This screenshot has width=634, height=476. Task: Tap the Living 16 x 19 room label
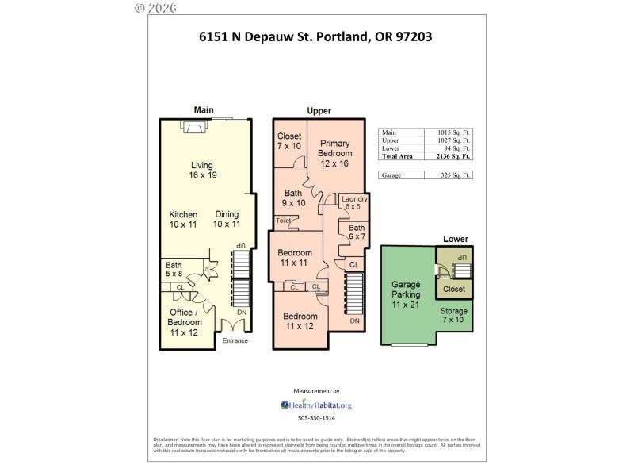[x=203, y=171]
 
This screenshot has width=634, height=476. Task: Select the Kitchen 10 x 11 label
[x=183, y=220]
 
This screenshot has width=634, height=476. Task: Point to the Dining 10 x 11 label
[x=227, y=220]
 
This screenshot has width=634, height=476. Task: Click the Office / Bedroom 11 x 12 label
[x=185, y=322]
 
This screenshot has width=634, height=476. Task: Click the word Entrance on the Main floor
[x=235, y=341]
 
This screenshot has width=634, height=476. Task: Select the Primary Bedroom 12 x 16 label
[x=334, y=153]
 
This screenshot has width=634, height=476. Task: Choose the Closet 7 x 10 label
[x=289, y=141]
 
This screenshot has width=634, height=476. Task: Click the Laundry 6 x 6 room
[x=349, y=203]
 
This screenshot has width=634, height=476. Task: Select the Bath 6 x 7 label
[x=357, y=232]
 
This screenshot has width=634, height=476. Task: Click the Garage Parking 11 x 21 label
[x=406, y=294]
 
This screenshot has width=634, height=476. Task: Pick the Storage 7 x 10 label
[x=454, y=316]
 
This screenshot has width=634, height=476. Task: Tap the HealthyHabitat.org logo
[x=316, y=405]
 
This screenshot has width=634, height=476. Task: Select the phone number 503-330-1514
[x=316, y=418]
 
